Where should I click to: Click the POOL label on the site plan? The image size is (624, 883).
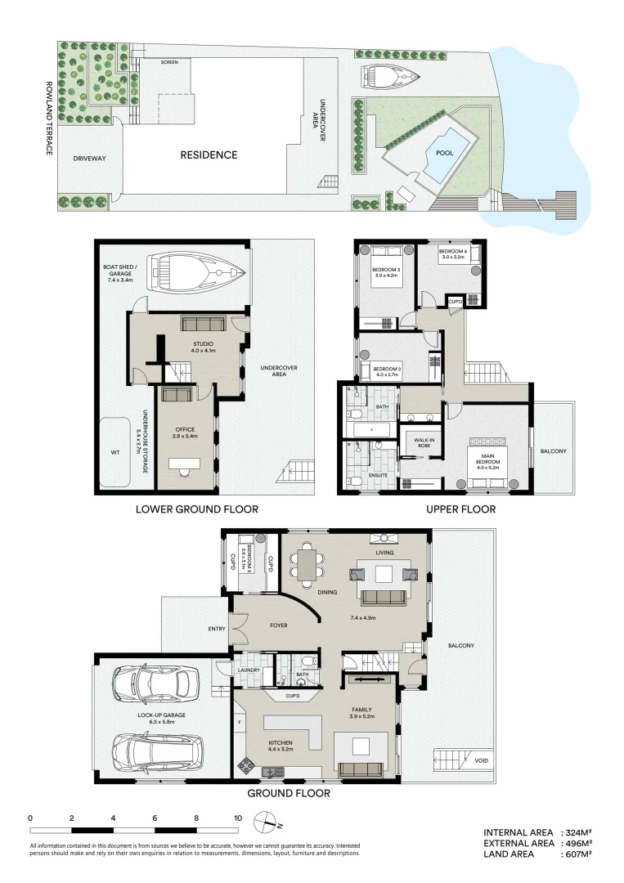[x=444, y=153]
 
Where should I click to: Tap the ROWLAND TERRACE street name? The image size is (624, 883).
[x=50, y=118]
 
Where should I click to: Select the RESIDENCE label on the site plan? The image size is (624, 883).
[x=209, y=155]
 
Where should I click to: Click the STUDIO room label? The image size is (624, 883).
[x=203, y=344]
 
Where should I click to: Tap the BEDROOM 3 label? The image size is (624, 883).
[x=387, y=269]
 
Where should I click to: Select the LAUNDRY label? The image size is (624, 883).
[x=249, y=670]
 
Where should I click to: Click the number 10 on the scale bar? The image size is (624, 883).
[x=238, y=818]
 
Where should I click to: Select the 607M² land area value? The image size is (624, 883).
[x=575, y=854]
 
